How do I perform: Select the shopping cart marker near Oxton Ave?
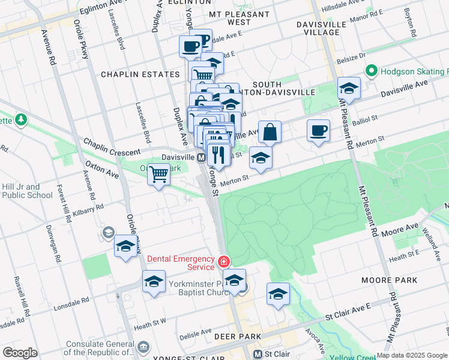(158, 175)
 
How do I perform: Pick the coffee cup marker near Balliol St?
(318, 130)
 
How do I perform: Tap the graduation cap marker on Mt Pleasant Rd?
(349, 89)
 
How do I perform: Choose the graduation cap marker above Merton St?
(261, 158)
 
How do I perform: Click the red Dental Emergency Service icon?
(223, 261)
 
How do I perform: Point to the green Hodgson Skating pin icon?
(372, 71)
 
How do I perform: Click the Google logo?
(20, 353)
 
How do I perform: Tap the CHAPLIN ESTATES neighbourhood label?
(140, 74)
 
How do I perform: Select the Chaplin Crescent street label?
(112, 148)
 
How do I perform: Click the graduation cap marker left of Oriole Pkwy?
(125, 246)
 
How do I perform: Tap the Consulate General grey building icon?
(143, 347)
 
